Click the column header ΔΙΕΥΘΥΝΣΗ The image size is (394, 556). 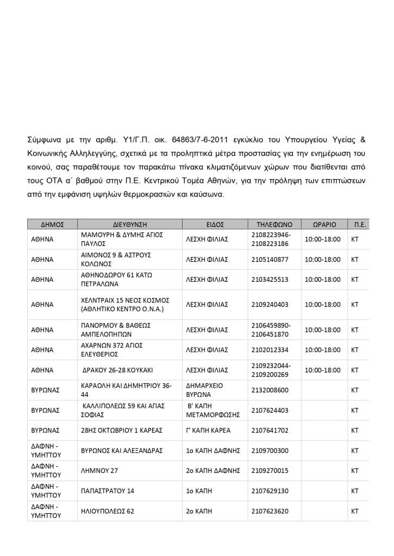pos(130,224)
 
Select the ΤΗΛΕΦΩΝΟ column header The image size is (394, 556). pos(274,224)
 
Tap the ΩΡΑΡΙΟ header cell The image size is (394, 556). pos(324,224)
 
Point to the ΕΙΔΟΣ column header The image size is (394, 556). pos(215,224)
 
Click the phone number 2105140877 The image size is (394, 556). pos(270,260)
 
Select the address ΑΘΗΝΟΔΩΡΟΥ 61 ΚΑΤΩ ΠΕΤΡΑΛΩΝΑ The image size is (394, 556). pos(116,280)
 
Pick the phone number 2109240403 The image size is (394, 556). pos(270,305)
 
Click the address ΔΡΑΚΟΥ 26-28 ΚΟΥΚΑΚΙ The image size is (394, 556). pos(117,370)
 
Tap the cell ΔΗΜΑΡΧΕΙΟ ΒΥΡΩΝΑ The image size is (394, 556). pos(205,390)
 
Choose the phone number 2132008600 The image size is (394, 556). pos(270,390)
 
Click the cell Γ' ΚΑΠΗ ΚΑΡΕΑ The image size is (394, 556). pos(208,431)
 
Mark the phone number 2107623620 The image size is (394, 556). pos(270,511)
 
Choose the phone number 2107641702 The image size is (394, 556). pos(270,431)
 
